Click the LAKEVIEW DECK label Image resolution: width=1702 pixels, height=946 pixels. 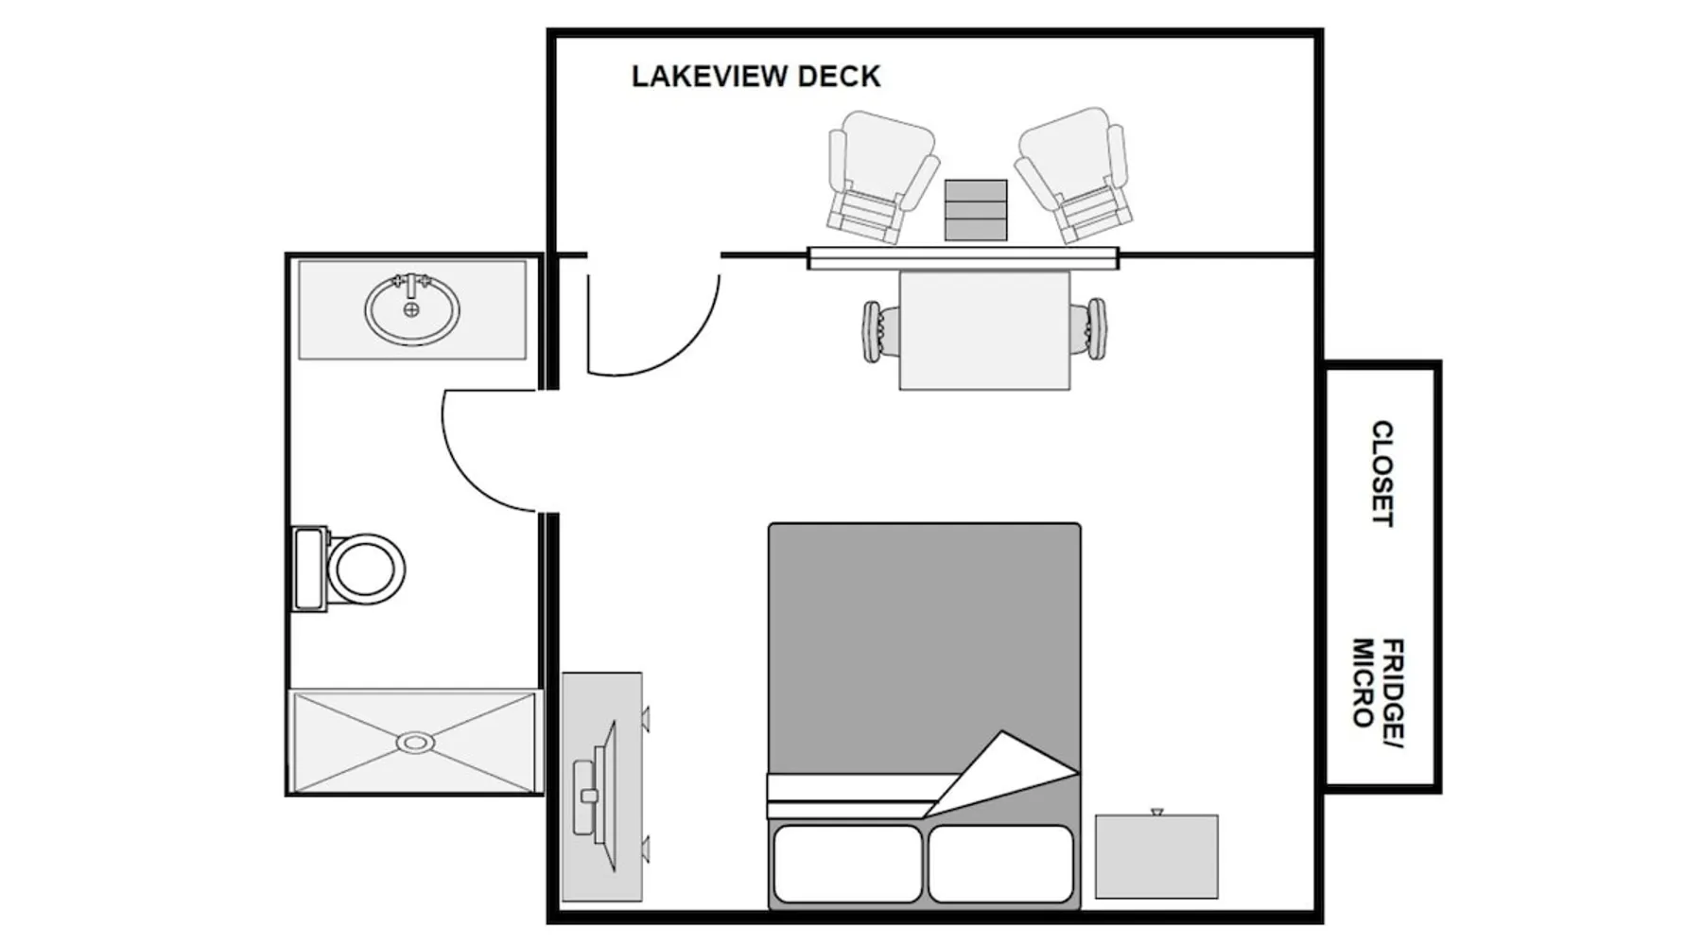[755, 77]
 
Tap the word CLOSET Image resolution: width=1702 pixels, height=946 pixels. [1381, 473]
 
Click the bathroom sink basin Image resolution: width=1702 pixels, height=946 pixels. [412, 310]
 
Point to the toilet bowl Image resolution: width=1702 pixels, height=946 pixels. [365, 569]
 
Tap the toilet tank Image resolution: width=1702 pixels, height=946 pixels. [308, 569]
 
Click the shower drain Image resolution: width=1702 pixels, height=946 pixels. [415, 743]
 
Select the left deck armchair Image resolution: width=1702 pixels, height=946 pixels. [878, 175]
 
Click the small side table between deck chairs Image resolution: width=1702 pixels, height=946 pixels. [976, 209]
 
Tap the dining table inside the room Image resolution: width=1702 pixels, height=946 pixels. [984, 329]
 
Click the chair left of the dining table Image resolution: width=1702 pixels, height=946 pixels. [872, 330]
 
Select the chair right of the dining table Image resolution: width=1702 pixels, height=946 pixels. [1095, 329]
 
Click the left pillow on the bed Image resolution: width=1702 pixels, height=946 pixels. [846, 864]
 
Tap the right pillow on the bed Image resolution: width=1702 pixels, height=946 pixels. [1000, 864]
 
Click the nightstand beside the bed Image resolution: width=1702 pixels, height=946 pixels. [1156, 856]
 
